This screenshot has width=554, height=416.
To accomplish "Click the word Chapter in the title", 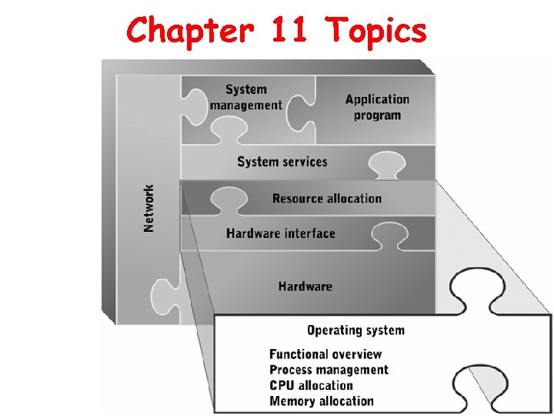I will pyautogui.click(x=189, y=31).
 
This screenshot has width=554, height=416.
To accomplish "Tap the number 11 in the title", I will pyautogui.click(x=289, y=31).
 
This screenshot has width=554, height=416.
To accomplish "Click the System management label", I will pyautogui.click(x=245, y=98).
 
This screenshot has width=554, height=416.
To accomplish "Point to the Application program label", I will pyautogui.click(x=377, y=107).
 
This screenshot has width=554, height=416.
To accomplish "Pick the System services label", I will pyautogui.click(x=282, y=162).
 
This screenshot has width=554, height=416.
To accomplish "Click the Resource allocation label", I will pyautogui.click(x=326, y=198).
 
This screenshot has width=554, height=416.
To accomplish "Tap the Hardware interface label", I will pyautogui.click(x=281, y=233).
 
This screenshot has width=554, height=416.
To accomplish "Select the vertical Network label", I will pyautogui.click(x=149, y=207).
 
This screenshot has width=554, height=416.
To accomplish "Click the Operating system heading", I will pyautogui.click(x=355, y=330).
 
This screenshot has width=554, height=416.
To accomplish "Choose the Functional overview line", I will pyautogui.click(x=325, y=354).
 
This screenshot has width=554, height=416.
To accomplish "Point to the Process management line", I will pyautogui.click(x=329, y=370).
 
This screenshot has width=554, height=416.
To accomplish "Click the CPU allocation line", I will pyautogui.click(x=311, y=385).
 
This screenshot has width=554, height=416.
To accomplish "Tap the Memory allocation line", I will pyautogui.click(x=321, y=401).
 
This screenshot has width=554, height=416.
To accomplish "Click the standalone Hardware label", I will pyautogui.click(x=305, y=287).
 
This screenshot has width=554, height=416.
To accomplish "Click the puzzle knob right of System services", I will pyautogui.click(x=386, y=164).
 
